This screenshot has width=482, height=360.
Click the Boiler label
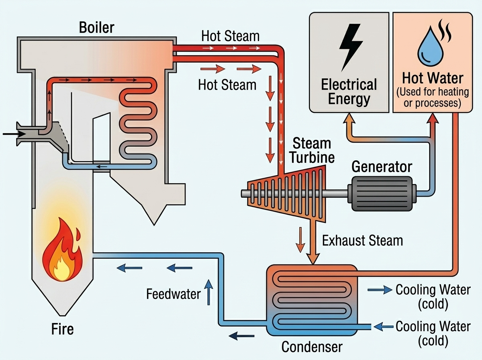(96, 28)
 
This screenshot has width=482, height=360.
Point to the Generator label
(382, 166)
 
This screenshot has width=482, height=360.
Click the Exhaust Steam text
(362, 240)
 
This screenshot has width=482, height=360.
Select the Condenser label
(312, 346)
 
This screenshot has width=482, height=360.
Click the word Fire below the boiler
(62, 329)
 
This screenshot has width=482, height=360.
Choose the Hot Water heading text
(433, 78)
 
